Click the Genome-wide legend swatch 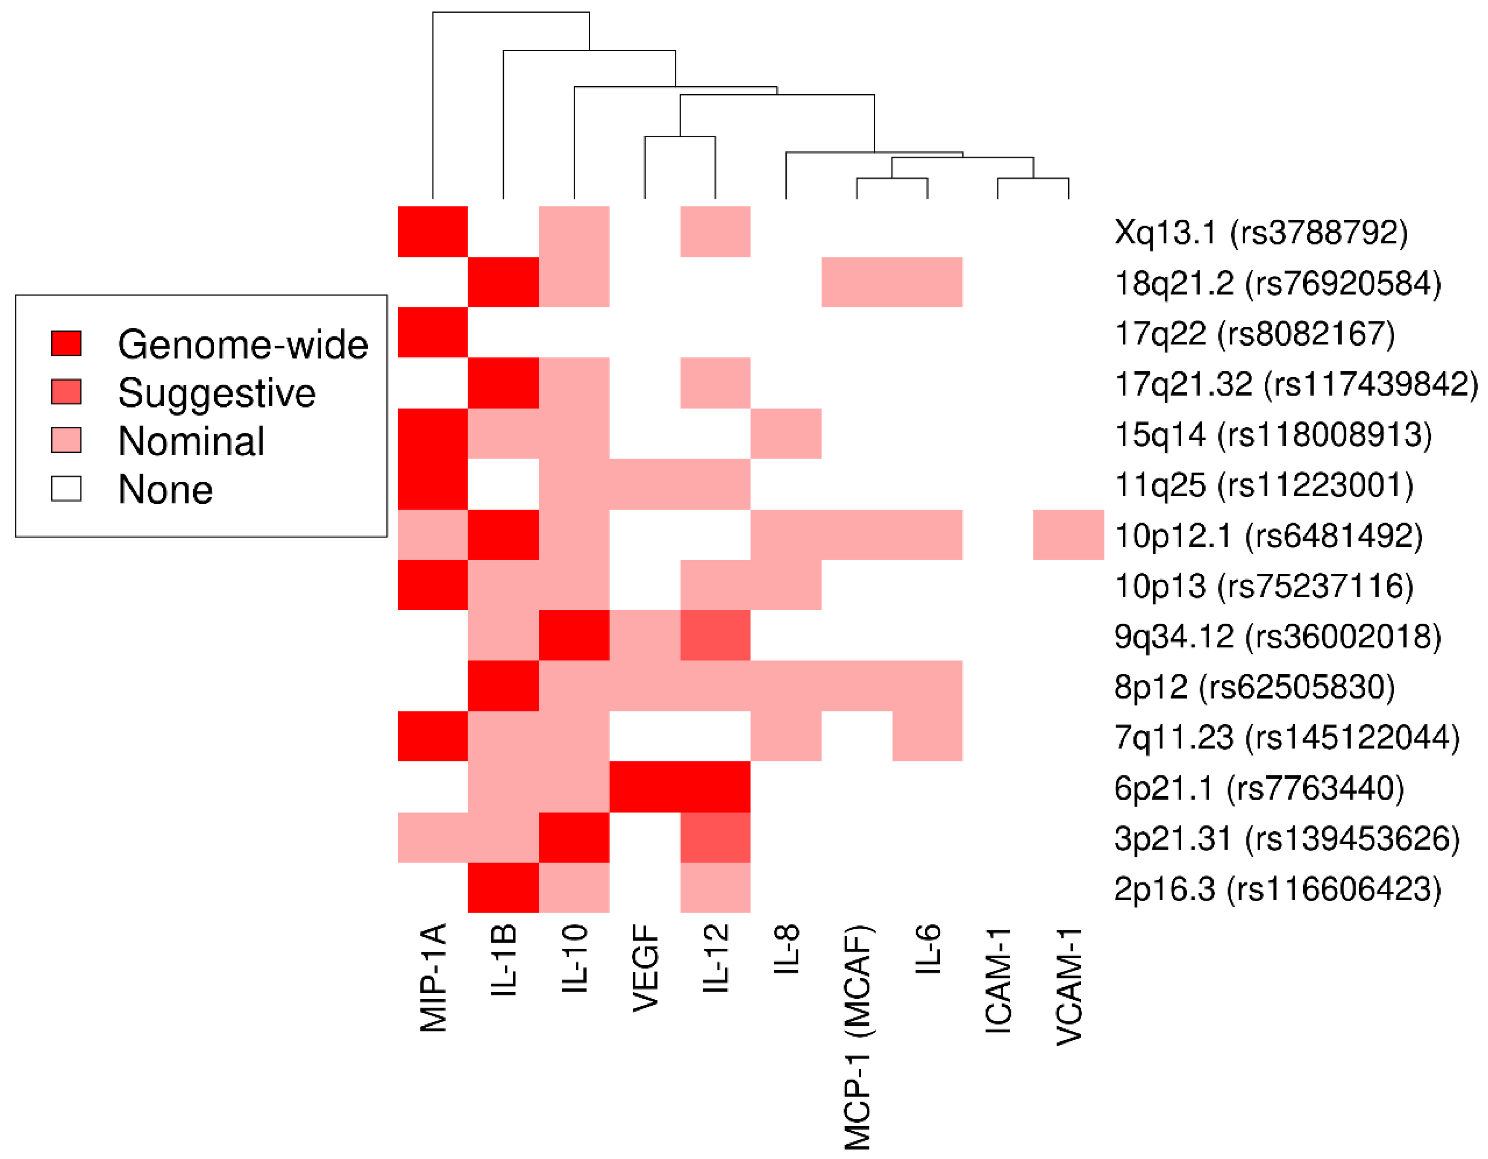click(x=66, y=343)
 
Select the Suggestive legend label click(x=217, y=393)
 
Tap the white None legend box click(x=66, y=488)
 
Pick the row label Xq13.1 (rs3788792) click(x=1261, y=232)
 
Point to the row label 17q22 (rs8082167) click(x=1254, y=334)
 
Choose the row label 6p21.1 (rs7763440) click(x=1259, y=788)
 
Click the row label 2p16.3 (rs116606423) click(x=1278, y=889)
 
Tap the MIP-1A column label click(x=433, y=979)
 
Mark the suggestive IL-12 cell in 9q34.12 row click(x=715, y=635)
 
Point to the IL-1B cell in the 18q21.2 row click(x=503, y=282)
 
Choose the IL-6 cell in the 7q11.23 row click(x=927, y=736)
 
